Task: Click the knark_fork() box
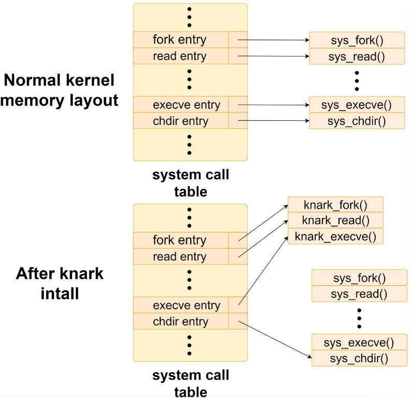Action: click(x=335, y=204)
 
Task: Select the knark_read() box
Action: click(x=335, y=220)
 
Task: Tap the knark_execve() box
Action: click(x=335, y=237)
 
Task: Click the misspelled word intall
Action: click(x=60, y=293)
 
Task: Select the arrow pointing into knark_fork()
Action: click(x=263, y=223)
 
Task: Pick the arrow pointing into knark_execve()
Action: click(x=263, y=270)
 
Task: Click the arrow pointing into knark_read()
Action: click(x=263, y=239)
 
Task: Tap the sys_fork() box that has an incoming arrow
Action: click(x=357, y=40)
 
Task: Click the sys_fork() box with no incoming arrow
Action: click(x=359, y=278)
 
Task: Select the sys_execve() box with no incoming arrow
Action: click(x=359, y=342)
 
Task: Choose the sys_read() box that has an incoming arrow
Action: click(x=357, y=56)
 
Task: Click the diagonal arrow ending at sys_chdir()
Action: click(x=275, y=339)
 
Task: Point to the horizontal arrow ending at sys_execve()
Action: click(x=274, y=105)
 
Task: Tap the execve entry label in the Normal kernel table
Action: click(x=187, y=105)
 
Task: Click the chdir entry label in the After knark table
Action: click(x=180, y=321)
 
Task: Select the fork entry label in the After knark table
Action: click(x=179, y=240)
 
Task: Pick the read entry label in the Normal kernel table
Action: click(x=179, y=56)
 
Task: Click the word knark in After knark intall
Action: click(x=82, y=273)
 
